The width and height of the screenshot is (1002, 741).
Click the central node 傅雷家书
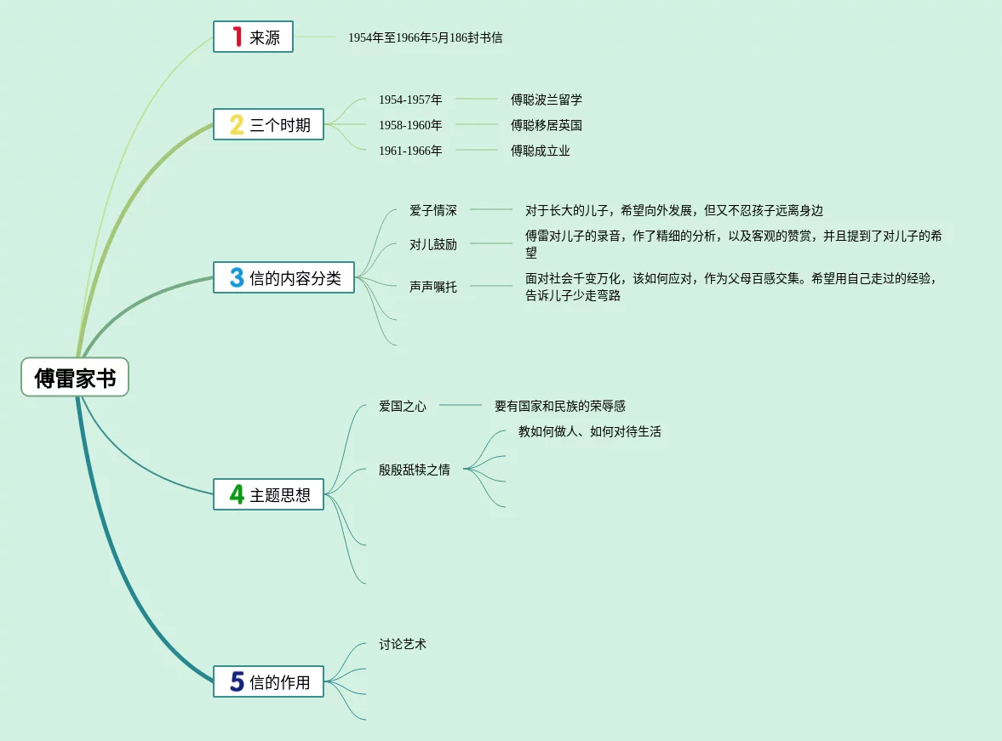click(x=75, y=378)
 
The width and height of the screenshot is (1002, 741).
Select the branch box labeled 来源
click(x=253, y=37)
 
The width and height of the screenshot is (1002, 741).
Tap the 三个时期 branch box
click(x=268, y=125)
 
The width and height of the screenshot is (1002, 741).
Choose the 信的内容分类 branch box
click(x=283, y=277)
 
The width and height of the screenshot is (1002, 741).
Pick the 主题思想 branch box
click(x=268, y=494)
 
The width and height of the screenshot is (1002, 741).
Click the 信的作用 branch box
click(x=268, y=681)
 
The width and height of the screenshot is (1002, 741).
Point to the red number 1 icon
click(x=237, y=37)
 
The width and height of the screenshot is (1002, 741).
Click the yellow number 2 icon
click(x=237, y=125)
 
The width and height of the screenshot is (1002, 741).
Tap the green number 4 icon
click(x=237, y=494)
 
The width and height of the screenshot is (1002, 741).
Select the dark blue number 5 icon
click(x=237, y=681)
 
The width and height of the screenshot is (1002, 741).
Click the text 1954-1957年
click(x=410, y=100)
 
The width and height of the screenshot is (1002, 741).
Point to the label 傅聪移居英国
click(x=546, y=125)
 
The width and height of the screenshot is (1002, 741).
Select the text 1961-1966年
click(x=410, y=151)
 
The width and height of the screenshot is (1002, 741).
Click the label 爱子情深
click(x=432, y=210)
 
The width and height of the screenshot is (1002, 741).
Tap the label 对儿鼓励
click(x=432, y=244)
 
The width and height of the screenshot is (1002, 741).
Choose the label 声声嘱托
click(x=432, y=287)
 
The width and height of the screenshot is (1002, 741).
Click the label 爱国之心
click(x=402, y=406)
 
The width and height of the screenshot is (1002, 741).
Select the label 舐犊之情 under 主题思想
click(x=414, y=470)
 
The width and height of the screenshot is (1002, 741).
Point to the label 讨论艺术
click(x=402, y=644)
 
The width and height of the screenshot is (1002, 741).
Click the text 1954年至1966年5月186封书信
click(x=425, y=37)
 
